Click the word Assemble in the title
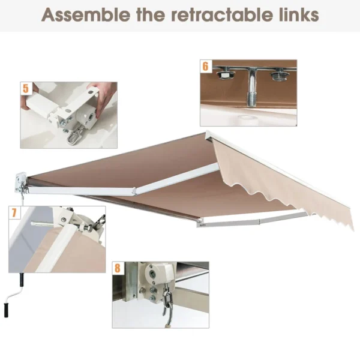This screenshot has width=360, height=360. click(x=83, y=15)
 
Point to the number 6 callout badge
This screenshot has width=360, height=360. click(x=206, y=65)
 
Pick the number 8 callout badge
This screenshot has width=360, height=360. click(x=118, y=267)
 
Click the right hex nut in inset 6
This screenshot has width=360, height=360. click(x=277, y=76)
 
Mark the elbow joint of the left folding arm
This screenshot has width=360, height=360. click(x=131, y=191)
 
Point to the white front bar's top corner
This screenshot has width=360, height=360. click(x=208, y=135)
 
